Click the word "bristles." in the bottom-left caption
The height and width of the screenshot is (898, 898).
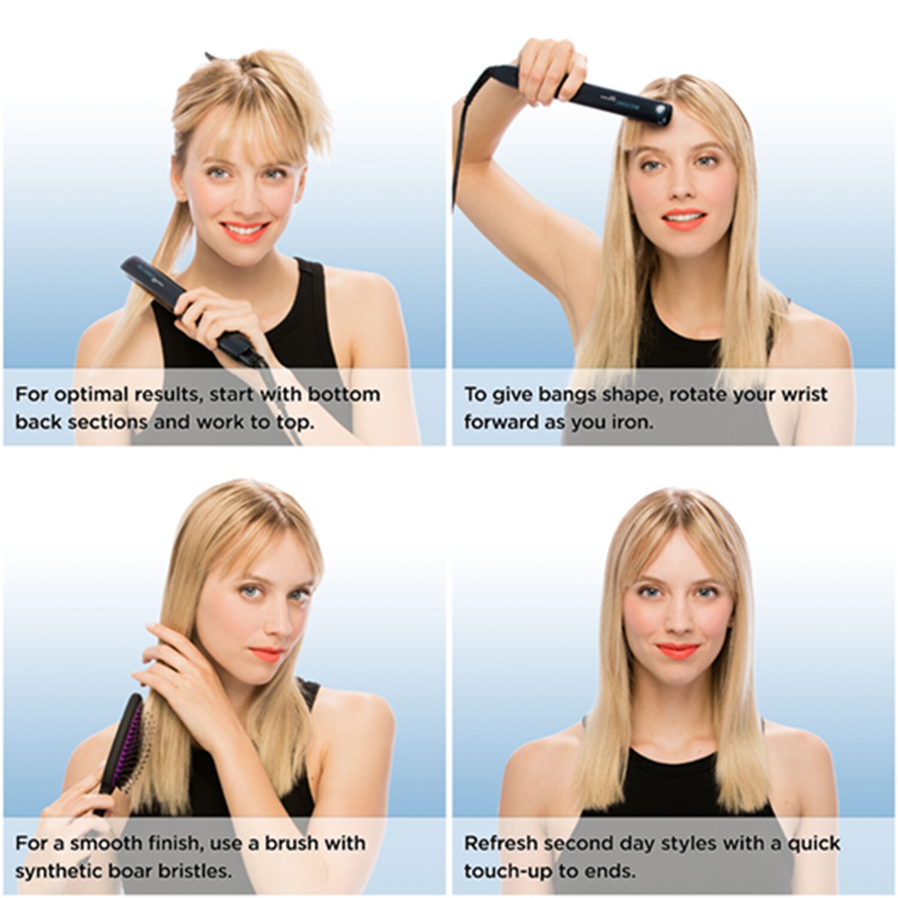193,870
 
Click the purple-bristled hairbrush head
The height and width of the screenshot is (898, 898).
128,743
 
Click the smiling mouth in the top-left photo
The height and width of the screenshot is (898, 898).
244,230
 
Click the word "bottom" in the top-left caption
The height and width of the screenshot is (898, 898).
344,395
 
